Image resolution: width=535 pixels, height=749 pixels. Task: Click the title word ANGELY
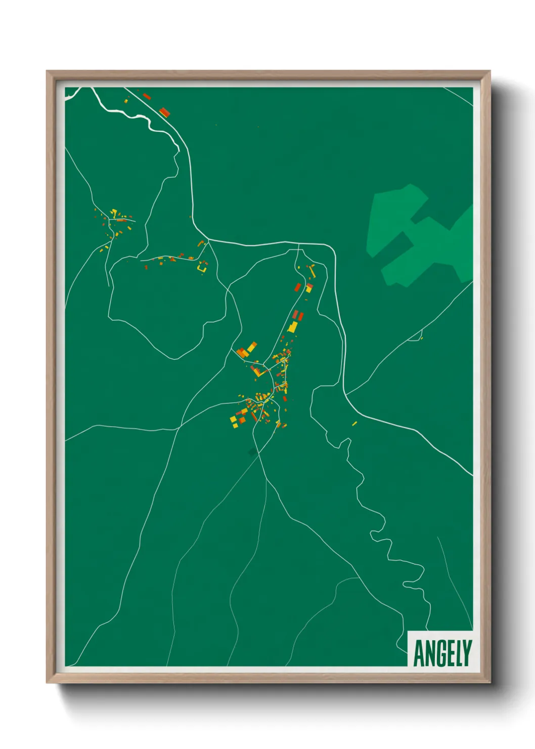pyautogui.click(x=442, y=653)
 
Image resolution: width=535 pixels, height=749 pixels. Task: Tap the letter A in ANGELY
pyautogui.click(x=419, y=653)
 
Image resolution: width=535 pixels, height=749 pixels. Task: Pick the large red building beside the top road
pyautogui.click(x=164, y=112)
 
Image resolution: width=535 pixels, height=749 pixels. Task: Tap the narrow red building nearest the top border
pyautogui.click(x=147, y=96)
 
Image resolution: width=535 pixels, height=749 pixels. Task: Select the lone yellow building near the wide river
pyautogui.click(x=126, y=101)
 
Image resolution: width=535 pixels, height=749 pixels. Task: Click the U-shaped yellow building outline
pyautogui.click(x=202, y=267)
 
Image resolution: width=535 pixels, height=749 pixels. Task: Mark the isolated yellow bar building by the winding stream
pyautogui.click(x=354, y=423)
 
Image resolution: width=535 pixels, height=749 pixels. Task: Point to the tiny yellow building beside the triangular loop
pyautogui.click(x=421, y=338)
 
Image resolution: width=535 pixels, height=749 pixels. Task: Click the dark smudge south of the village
pyautogui.click(x=252, y=451)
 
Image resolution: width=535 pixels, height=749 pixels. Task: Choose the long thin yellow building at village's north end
pyautogui.click(x=312, y=272)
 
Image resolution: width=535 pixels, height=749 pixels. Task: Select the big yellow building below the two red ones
pyautogui.click(x=293, y=327)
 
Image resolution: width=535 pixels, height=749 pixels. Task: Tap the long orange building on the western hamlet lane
pyautogui.click(x=121, y=220)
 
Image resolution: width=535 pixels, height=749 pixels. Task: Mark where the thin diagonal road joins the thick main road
pyautogui.click(x=346, y=394)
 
